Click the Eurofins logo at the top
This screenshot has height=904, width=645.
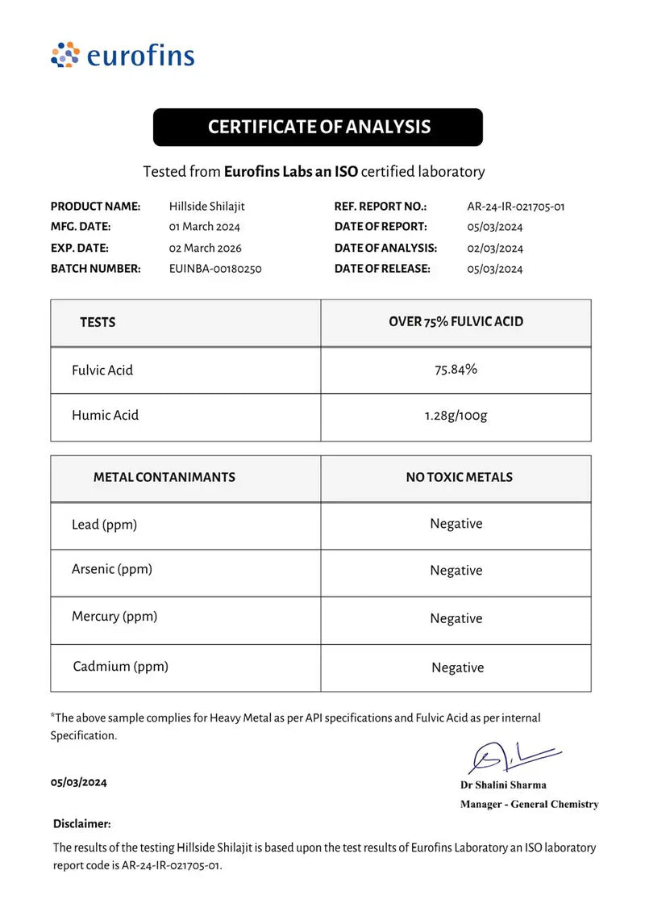click(123, 56)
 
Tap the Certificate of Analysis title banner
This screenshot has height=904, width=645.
click(318, 127)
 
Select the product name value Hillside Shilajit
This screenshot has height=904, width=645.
click(207, 207)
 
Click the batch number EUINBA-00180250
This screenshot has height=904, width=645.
click(215, 269)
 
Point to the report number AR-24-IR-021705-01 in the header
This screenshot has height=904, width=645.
click(516, 207)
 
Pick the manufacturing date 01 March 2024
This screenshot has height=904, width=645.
click(205, 227)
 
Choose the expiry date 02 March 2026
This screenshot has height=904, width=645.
click(206, 248)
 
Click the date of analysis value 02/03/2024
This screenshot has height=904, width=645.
click(495, 248)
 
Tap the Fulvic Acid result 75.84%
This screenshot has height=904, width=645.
click(456, 370)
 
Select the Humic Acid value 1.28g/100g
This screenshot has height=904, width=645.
click(456, 416)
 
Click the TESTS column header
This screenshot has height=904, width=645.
click(98, 322)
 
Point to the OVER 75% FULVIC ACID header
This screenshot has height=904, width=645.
click(456, 321)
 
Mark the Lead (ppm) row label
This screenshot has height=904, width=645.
click(104, 525)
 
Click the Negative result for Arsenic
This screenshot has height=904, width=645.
click(456, 571)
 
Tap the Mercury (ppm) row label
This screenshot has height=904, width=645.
click(114, 617)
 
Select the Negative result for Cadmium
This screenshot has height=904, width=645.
click(457, 668)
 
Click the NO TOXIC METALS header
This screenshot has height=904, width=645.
click(459, 477)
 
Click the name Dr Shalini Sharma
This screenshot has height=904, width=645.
click(503, 785)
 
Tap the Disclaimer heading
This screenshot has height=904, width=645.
click(82, 824)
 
